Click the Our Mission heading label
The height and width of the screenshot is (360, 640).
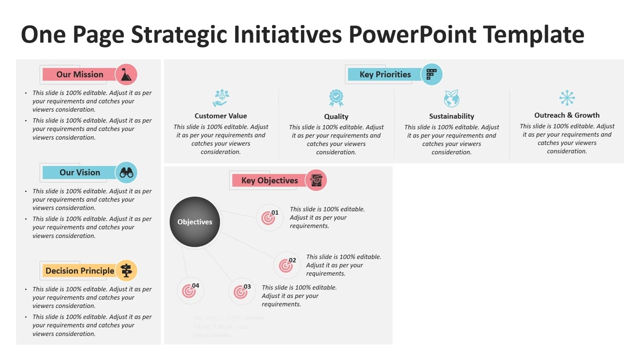tap(79, 74)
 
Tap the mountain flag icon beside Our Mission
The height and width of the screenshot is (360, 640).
tap(126, 74)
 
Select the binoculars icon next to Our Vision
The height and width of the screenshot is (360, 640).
tap(126, 172)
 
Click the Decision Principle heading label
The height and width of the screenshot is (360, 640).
tap(79, 271)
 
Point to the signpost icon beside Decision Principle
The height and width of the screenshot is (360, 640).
tap(126, 270)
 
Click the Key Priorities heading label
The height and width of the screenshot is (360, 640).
tap(385, 74)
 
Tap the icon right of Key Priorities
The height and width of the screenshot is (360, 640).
tap(431, 74)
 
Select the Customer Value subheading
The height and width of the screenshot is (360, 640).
tap(220, 116)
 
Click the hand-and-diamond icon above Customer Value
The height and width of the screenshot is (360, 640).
tap(220, 98)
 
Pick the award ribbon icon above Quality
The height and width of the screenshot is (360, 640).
tap(336, 98)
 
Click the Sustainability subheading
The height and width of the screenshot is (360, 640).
tap(451, 116)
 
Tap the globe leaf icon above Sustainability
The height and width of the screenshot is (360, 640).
tap(451, 98)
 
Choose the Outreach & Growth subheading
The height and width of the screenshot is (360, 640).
tap(566, 115)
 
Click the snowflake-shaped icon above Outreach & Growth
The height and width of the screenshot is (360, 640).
tap(567, 97)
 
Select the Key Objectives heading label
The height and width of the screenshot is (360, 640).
tap(269, 180)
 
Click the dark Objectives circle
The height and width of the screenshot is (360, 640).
tap(195, 222)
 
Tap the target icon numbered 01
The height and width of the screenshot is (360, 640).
tap(268, 218)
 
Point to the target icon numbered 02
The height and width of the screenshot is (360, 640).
tap(286, 265)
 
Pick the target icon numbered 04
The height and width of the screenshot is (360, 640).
tap(189, 291)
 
